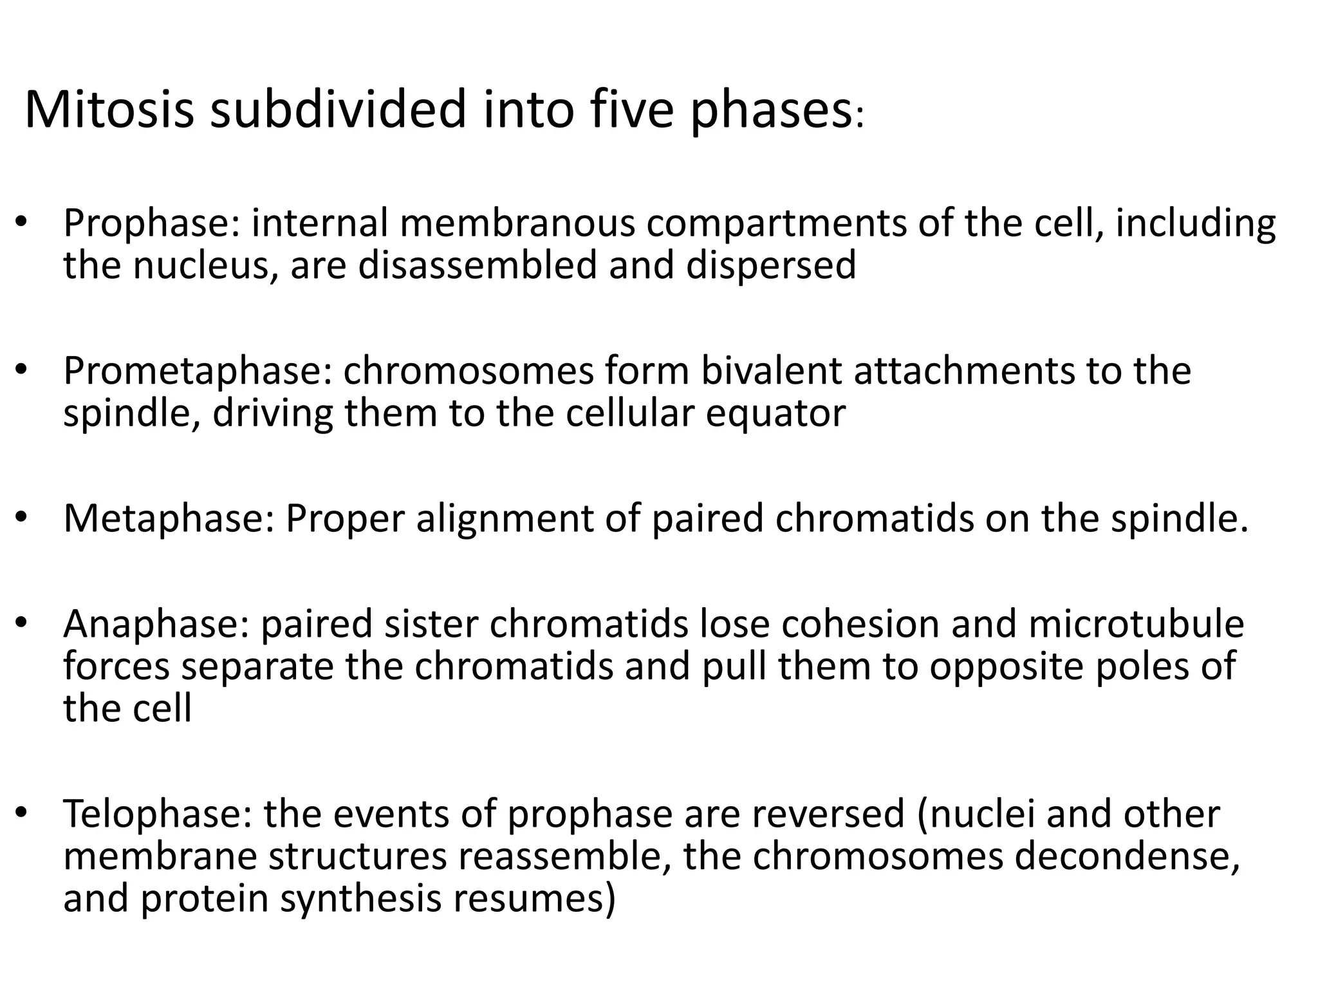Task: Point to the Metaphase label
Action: coord(169,519)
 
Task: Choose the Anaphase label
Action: coord(155,624)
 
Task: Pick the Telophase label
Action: coord(158,814)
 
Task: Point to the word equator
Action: coord(775,413)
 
